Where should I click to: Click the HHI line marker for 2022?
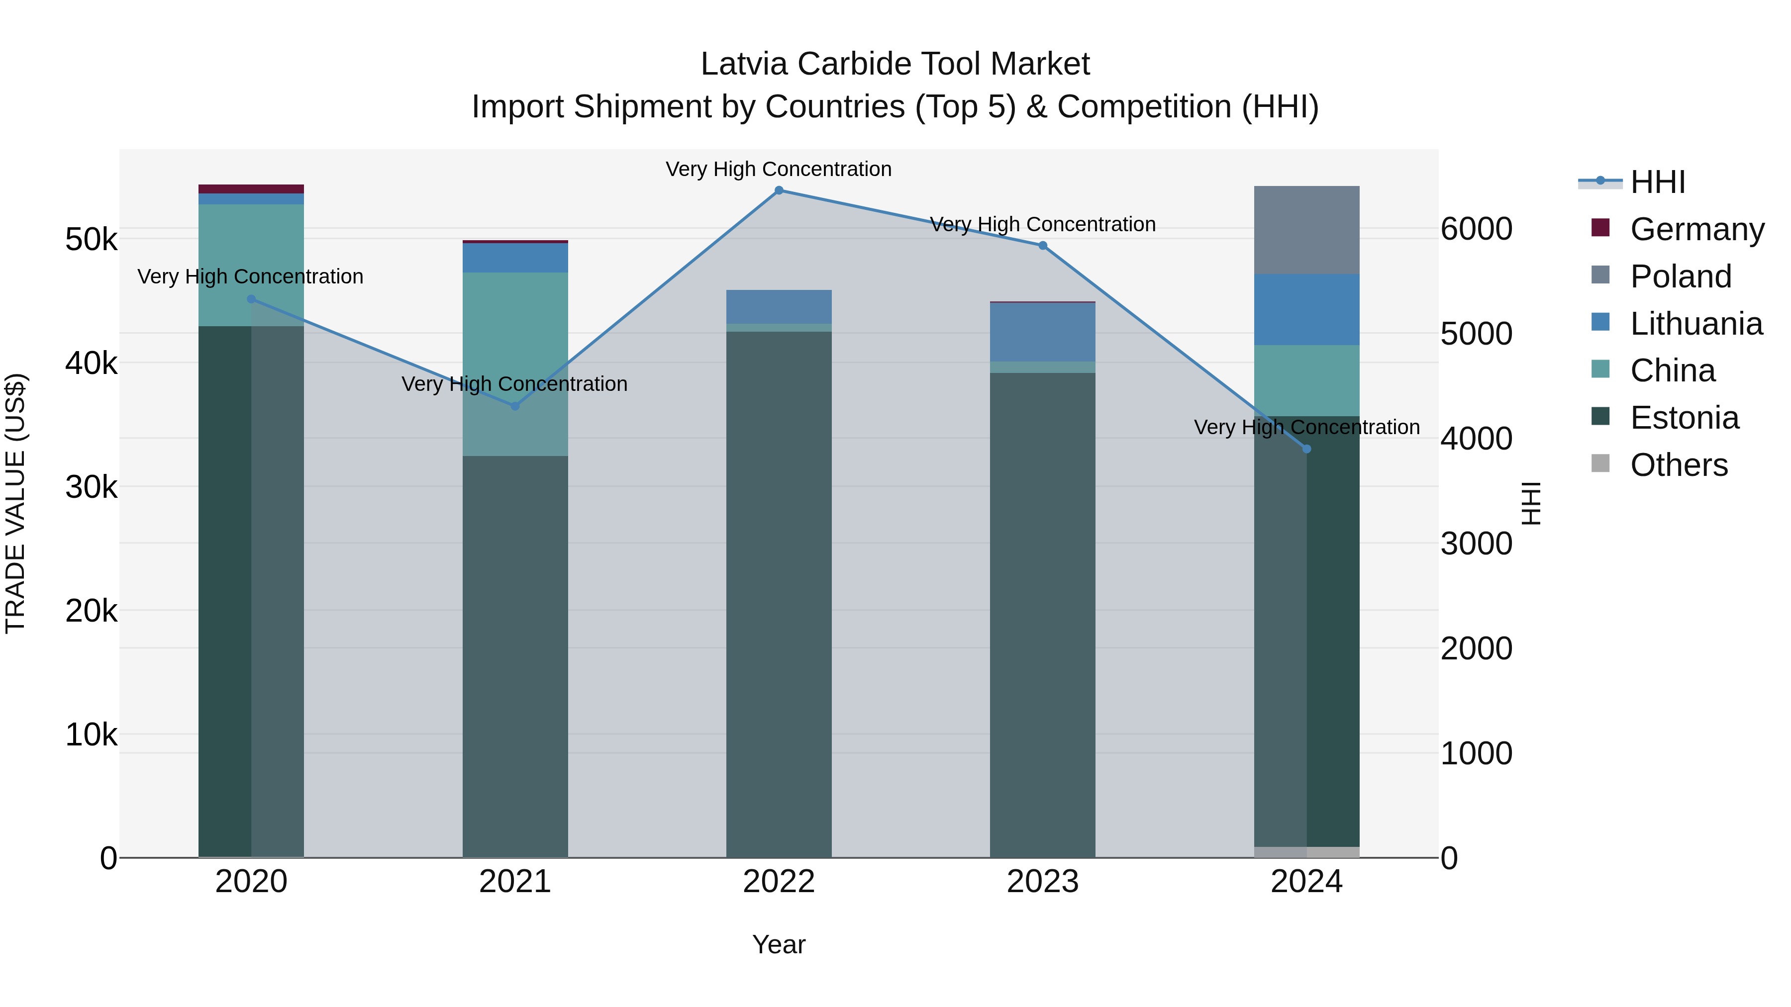click(x=779, y=190)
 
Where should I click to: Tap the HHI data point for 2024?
click(x=1306, y=449)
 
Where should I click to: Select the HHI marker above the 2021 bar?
click(x=515, y=406)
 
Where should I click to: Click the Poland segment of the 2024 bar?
click(x=1306, y=230)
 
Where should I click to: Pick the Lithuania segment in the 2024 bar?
click(x=1306, y=309)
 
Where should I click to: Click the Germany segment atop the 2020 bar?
click(x=251, y=189)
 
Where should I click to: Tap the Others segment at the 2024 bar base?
click(x=1306, y=852)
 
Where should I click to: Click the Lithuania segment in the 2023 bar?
click(x=1042, y=332)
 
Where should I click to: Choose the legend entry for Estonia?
click(x=1684, y=418)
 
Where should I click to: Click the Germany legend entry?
click(x=1696, y=229)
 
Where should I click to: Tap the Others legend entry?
click(x=1679, y=465)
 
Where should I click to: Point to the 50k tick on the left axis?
click(x=91, y=240)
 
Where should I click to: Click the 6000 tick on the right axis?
click(x=1476, y=229)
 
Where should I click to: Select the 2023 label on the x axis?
click(x=1042, y=882)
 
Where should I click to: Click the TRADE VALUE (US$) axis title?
click(x=15, y=503)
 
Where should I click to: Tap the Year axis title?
click(x=779, y=944)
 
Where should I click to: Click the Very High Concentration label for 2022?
click(x=779, y=169)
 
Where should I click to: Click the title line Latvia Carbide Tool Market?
click(x=895, y=64)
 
